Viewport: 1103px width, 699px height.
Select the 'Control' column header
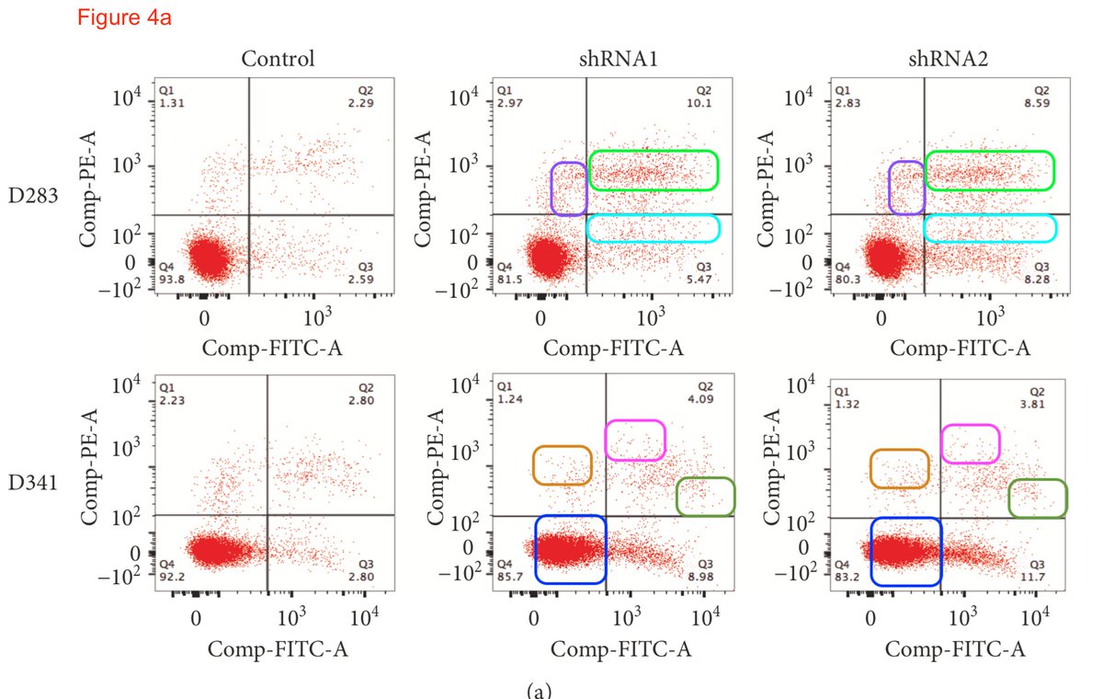tap(278, 60)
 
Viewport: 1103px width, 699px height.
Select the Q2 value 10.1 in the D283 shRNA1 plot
tap(703, 103)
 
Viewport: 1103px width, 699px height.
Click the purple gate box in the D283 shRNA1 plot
tap(569, 189)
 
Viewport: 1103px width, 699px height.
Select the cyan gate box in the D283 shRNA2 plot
tap(989, 227)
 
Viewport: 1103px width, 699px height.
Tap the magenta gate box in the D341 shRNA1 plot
tap(634, 440)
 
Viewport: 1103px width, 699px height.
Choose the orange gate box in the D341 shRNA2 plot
tap(900, 468)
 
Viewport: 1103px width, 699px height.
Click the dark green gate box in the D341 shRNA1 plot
tap(705, 497)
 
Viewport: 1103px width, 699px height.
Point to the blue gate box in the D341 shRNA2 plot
tap(906, 550)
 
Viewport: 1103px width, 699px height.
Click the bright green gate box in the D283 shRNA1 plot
tap(653, 170)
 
